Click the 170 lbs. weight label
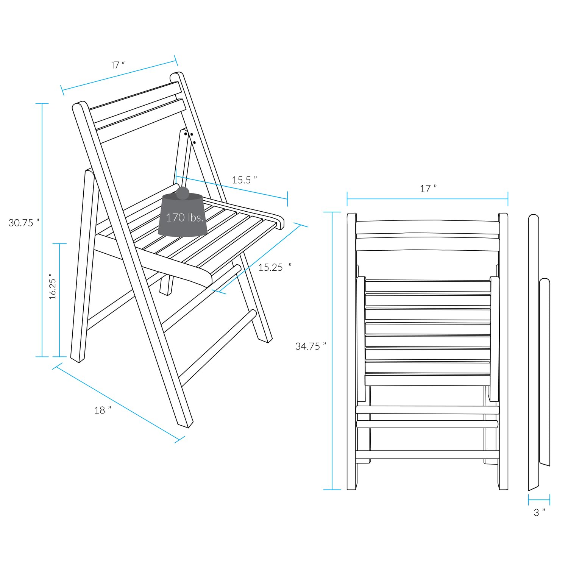coord(185,217)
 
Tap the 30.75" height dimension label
coord(24,223)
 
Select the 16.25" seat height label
coord(53,286)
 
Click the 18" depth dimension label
coord(103,410)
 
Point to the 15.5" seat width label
coord(244,180)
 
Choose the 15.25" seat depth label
coord(275,267)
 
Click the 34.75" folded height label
coord(311,346)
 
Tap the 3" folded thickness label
coord(539,512)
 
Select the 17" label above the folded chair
coord(428,188)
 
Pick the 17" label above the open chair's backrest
coord(118,65)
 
